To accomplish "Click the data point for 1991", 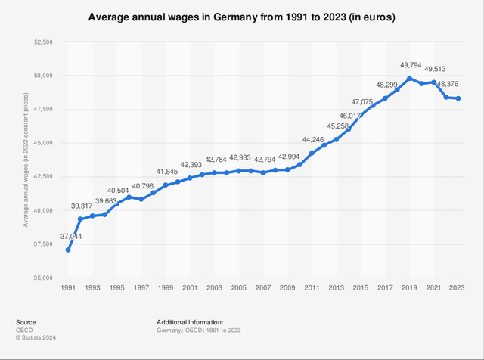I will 68,250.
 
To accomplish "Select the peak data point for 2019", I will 409,79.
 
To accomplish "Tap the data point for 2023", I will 458,98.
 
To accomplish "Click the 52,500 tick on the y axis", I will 42,42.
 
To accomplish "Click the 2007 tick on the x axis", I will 263,288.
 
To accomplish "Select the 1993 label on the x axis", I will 92,288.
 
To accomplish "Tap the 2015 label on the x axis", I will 361,288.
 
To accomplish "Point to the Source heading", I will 25,321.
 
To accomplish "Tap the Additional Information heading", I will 190,321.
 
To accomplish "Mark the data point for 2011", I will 312,153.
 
